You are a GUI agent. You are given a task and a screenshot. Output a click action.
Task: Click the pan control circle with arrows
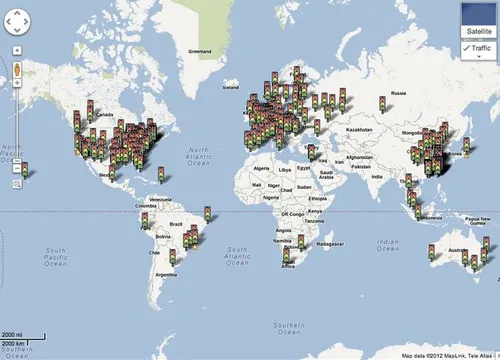[18, 27]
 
